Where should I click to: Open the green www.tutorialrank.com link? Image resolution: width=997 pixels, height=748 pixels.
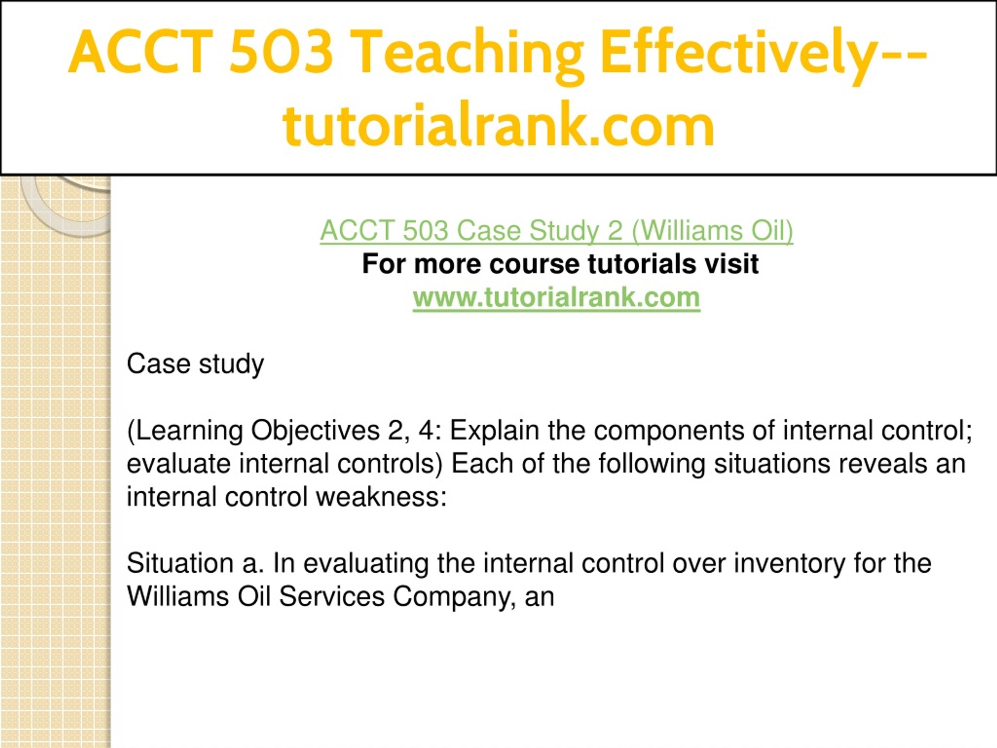point(557,298)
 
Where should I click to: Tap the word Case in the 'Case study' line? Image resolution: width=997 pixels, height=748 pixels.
point(159,364)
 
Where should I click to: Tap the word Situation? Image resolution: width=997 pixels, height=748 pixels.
point(180,564)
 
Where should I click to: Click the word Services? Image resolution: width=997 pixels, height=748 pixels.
point(331,597)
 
